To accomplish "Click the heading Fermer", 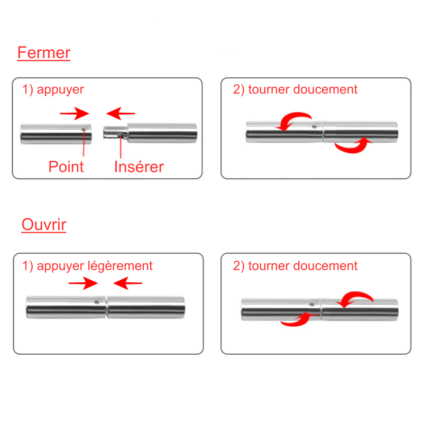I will point(44,53).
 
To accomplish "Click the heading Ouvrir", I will point(44,225).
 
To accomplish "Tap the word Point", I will point(66,167).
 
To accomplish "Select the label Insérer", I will point(139,167).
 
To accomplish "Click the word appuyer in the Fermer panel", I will point(60,90).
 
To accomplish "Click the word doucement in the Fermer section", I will point(325,90).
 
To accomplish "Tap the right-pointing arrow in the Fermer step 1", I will point(74,113).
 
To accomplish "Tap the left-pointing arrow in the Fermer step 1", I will point(121,113).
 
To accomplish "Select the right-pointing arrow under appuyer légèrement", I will point(84,284).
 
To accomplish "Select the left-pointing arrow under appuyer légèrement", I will point(128,284).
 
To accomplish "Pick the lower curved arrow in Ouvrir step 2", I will point(296,319).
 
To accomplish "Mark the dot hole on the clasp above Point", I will point(84,128).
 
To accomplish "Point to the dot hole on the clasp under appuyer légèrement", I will point(97,302).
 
